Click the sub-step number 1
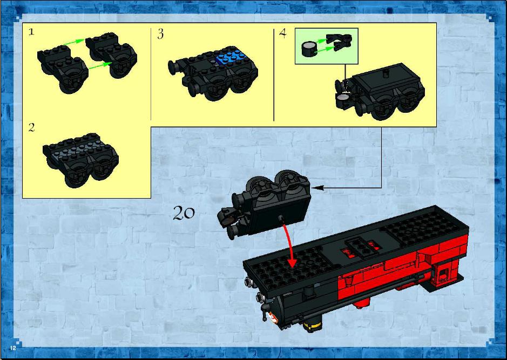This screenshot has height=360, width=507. click(x=31, y=32)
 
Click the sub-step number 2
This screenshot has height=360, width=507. click(x=31, y=127)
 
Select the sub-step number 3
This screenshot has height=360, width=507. click(x=160, y=34)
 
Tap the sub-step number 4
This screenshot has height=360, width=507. click(x=283, y=33)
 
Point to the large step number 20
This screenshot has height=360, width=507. click(x=184, y=213)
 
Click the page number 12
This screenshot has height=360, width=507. click(x=13, y=348)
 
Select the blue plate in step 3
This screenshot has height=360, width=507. click(x=232, y=56)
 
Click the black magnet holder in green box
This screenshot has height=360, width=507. click(x=339, y=42)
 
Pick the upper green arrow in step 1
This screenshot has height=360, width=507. click(x=75, y=42)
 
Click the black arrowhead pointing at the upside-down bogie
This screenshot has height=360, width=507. click(x=318, y=187)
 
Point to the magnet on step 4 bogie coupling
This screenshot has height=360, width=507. click(x=343, y=97)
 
